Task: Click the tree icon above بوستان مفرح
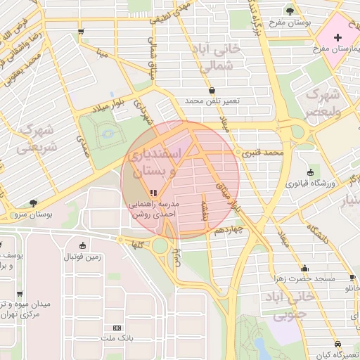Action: pos(289,11)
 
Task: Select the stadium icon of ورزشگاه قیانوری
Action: pos(310,172)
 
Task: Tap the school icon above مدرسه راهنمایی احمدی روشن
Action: pos(153,193)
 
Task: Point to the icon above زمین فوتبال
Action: pos(84,245)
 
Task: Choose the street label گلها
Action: pos(136,244)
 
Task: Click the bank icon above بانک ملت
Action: pos(117,328)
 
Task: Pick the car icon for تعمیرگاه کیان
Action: pos(339,344)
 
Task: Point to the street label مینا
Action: pos(103,51)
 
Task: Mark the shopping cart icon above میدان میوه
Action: pos(19,295)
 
